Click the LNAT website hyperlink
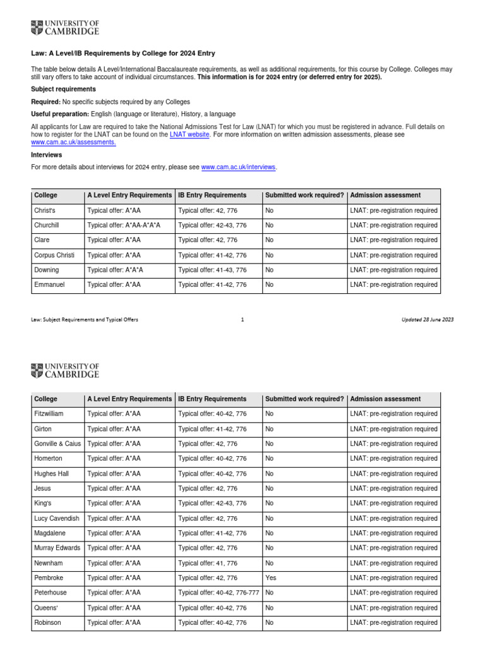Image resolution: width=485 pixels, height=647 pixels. pos(189,135)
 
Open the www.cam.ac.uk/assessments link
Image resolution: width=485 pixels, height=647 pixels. pos(73,143)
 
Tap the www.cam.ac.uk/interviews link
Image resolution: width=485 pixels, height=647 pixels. pos(239,167)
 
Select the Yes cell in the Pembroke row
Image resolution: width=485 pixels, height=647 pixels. pos(271,578)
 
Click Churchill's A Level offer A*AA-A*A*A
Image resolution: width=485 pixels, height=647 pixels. pos(124,226)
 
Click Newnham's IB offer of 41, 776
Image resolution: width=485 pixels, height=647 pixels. pos(208,564)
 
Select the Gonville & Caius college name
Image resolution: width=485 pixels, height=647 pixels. pos(57,444)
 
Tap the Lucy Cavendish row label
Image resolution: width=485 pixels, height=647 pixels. pos(56,519)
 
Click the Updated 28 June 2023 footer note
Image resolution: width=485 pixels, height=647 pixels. pos(428,320)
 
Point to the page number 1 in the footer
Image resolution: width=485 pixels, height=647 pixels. pos(242,320)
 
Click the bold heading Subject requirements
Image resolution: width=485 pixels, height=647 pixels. pos(64,89)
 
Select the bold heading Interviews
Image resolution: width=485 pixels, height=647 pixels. pos(47,155)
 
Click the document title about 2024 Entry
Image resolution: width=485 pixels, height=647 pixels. pos(119,54)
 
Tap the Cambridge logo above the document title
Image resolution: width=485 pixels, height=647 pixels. pos(65,28)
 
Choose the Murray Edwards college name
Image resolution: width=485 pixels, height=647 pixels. pos(57,548)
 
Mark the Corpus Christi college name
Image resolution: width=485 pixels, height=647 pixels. pos(54,255)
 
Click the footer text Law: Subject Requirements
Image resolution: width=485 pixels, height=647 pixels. pos(85,320)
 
